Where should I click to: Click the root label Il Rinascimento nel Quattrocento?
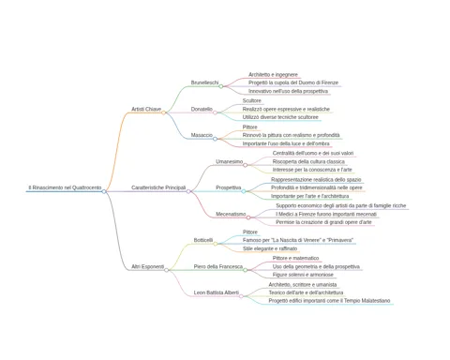click(x=65, y=187)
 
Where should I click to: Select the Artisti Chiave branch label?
click(x=146, y=109)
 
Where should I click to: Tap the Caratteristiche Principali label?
click(x=158, y=187)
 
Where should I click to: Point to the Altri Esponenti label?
click(x=147, y=266)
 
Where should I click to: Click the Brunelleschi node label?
click(x=204, y=82)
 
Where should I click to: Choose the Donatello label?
click(x=202, y=109)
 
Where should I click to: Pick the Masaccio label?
click(x=202, y=135)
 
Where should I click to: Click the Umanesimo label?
click(x=230, y=161)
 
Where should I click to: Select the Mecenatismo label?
click(x=231, y=214)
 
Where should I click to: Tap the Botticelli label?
click(x=203, y=240)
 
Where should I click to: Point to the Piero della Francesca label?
click(x=218, y=266)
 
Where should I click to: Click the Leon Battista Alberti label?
click(x=217, y=292)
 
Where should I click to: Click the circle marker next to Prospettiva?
click(x=244, y=191)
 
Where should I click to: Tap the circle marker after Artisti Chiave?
click(x=163, y=112)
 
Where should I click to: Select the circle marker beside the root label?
click(x=104, y=191)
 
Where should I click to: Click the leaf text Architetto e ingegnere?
click(x=273, y=74)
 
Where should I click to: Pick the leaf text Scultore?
click(x=252, y=100)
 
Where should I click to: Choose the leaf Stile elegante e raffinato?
click(x=270, y=248)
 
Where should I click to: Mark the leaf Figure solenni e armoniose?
click(x=303, y=275)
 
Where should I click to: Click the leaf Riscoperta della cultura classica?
click(x=308, y=161)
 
